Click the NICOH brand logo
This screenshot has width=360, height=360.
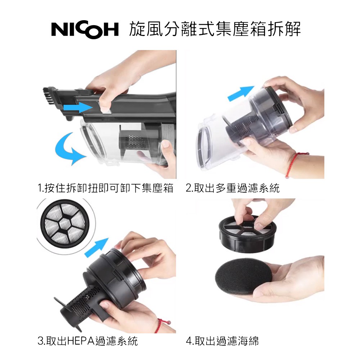[85, 30]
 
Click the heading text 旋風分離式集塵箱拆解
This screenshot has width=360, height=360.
[215, 29]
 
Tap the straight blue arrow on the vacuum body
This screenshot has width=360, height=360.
[78, 107]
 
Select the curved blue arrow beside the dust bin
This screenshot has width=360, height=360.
[69, 149]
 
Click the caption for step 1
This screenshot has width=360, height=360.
[105, 188]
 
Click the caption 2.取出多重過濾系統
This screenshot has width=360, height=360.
[233, 188]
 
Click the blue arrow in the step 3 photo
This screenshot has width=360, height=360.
[96, 248]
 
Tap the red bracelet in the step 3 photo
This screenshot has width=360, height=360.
[162, 324]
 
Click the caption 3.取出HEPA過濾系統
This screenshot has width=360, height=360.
[87, 341]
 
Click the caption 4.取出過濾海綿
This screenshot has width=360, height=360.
[222, 341]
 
